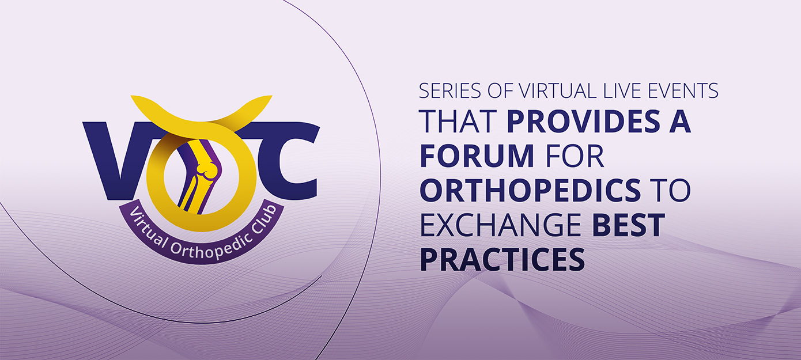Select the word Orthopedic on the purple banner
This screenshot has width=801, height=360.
click(x=202, y=245)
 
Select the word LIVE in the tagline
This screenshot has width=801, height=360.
click(x=616, y=91)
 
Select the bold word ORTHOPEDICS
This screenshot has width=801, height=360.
click(x=530, y=191)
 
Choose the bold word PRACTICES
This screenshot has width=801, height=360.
click(x=502, y=260)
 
